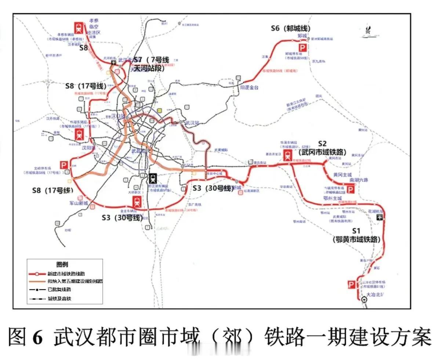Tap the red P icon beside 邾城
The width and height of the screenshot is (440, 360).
[303, 48]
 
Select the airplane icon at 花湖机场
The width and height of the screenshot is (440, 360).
[379, 217]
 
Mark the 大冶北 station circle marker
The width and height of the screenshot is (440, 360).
[364, 299]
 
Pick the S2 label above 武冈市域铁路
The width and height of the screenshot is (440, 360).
[323, 144]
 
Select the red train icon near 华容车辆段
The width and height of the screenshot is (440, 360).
[288, 156]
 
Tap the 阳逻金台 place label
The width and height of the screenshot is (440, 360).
[250, 87]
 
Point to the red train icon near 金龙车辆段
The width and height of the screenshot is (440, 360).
[137, 202]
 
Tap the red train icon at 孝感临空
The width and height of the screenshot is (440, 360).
[79, 28]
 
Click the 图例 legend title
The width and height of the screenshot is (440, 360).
[62, 264]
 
